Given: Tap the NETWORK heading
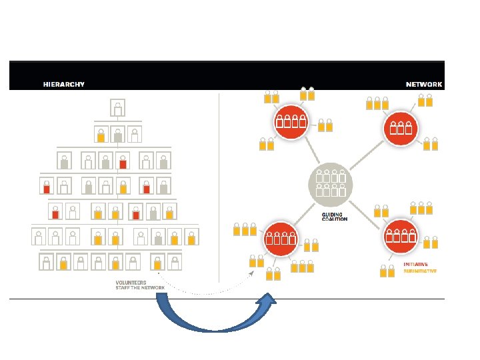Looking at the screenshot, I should click(x=424, y=85).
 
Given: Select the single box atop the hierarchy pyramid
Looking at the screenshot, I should click(x=117, y=108).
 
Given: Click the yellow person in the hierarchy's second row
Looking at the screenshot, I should click(x=101, y=135).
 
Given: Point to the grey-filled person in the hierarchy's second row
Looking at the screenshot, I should click(x=117, y=135).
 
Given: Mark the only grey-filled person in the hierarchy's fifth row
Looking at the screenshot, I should click(x=153, y=212).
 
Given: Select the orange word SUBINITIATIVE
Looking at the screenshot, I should click(x=420, y=271).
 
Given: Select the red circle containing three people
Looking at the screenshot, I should click(x=400, y=127).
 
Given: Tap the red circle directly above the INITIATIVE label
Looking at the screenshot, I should click(x=400, y=235).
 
